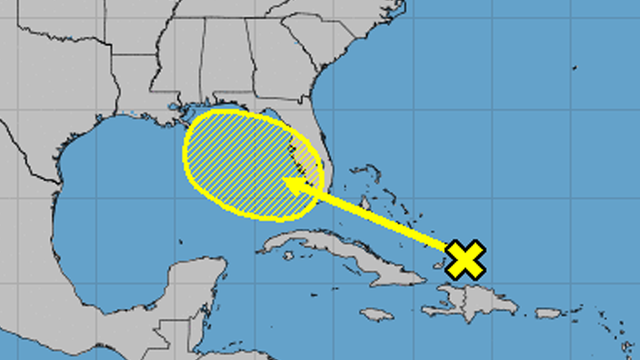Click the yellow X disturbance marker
[465, 259]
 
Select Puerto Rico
[552, 313]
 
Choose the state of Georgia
[290, 70]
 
